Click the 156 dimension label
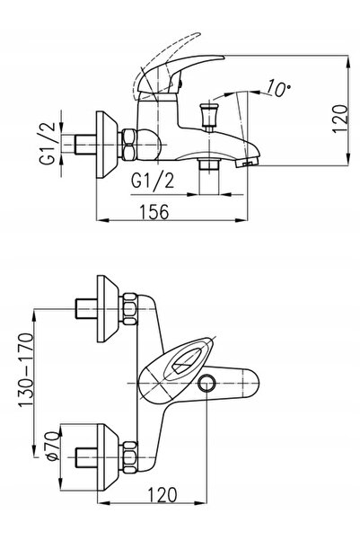coord(154,211)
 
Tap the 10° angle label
coord(278,88)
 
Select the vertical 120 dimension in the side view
coord(339,119)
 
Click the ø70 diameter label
coord(53,446)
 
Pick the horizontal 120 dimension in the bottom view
coord(162,495)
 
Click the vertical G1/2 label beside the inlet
coord(48,143)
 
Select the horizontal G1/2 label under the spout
coord(153,180)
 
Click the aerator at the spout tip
coord(248,162)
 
